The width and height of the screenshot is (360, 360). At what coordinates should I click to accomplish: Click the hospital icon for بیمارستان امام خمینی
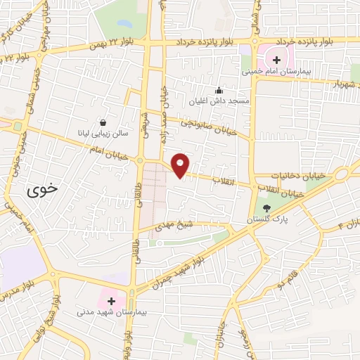pyautogui.click(x=277, y=60)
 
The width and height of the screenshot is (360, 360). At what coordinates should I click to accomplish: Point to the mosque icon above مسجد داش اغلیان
pyautogui.click(x=219, y=90)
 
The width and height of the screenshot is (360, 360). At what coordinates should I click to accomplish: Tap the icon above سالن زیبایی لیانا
pyautogui.click(x=104, y=122)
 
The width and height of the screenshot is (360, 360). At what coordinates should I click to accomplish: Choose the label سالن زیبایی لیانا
pyautogui.click(x=104, y=132)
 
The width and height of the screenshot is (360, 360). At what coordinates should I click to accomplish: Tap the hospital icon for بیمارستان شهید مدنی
pyautogui.click(x=111, y=300)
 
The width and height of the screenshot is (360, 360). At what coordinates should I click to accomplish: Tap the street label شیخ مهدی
pyautogui.click(x=181, y=226)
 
